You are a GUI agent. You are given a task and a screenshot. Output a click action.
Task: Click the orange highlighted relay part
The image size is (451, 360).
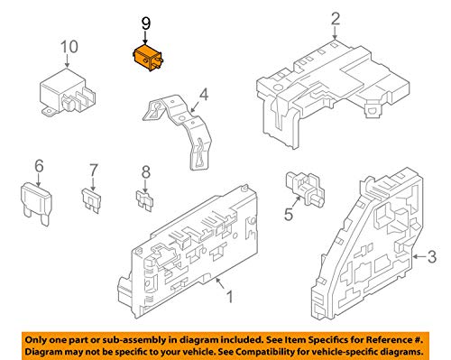(x=148, y=58)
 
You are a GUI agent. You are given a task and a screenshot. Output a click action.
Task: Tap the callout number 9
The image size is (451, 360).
(x=146, y=23)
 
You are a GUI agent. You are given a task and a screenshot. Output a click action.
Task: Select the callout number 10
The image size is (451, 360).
(x=69, y=47)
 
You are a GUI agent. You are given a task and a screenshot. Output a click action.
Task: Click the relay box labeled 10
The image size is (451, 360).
(x=68, y=93)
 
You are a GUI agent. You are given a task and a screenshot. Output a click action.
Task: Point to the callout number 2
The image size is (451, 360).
(x=336, y=19)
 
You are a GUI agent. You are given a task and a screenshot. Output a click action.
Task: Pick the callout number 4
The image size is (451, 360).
(x=204, y=95)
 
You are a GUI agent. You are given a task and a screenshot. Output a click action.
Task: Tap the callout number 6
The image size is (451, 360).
(x=39, y=166)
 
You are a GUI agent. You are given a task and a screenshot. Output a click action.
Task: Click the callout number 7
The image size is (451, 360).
(x=94, y=171)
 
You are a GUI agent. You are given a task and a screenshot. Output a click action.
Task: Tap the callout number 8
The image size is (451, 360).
(x=146, y=172)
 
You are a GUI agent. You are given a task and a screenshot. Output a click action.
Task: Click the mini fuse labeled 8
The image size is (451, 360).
(x=144, y=200)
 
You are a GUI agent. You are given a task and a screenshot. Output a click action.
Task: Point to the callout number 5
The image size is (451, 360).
(x=289, y=215)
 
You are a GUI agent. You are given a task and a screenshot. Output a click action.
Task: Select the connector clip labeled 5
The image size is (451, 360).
(x=305, y=189)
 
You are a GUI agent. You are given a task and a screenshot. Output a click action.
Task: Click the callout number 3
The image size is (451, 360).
(x=432, y=257)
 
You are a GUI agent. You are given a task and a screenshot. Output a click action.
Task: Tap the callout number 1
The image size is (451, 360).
(x=229, y=296)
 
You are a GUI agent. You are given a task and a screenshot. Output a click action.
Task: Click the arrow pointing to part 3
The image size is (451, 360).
(x=419, y=256)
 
